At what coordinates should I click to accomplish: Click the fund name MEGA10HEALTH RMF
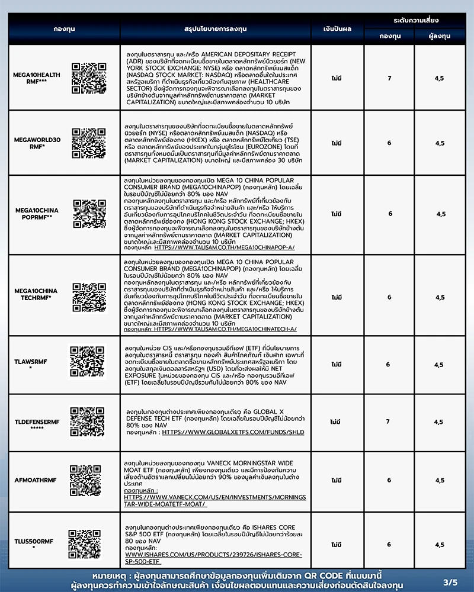pos(37,78)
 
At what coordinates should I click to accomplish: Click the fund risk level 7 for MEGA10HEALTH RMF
pos(389,78)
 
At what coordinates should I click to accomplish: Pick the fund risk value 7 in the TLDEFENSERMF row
pos(388,422)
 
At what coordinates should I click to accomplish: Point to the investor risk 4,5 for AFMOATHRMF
pos(438,480)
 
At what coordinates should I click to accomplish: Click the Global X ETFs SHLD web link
pos(233,432)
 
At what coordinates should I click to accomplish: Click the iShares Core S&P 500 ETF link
pos(213,558)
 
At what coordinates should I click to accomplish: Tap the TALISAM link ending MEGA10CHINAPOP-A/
pos(225,247)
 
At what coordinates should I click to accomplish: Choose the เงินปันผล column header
pos(338,28)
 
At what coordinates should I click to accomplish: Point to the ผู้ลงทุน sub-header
pos(440,36)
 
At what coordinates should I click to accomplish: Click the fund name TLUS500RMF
pos(34,541)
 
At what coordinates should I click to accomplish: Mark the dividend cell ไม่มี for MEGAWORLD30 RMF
pos(337,143)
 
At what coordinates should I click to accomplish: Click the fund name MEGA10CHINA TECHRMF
pos(36,294)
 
